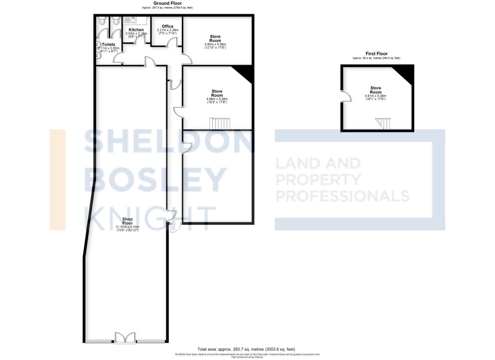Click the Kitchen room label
(x=136, y=30)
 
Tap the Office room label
(x=167, y=26)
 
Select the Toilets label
(x=108, y=44)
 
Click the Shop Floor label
(x=127, y=221)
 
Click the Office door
(x=172, y=42)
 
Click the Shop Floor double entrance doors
(x=125, y=337)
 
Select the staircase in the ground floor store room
(x=220, y=124)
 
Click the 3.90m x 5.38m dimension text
(x=215, y=44)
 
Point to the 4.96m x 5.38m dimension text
(x=217, y=99)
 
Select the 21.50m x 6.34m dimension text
(x=127, y=227)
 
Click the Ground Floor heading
(x=167, y=3)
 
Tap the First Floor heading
(x=376, y=54)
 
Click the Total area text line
(x=246, y=349)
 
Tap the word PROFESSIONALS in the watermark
(x=342, y=196)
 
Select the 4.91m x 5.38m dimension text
(x=375, y=96)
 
